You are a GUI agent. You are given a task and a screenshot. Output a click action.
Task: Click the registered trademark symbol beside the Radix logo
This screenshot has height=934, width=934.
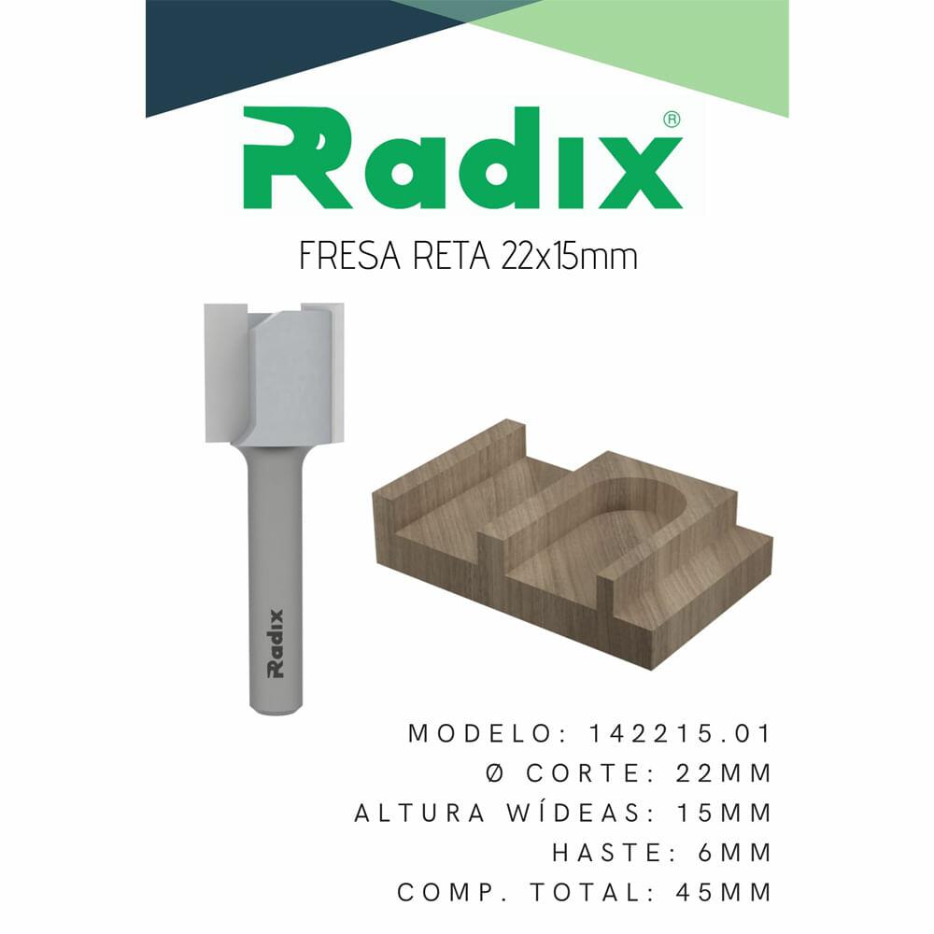point(672,120)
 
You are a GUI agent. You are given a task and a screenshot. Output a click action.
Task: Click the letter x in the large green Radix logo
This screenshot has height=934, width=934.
point(642,174)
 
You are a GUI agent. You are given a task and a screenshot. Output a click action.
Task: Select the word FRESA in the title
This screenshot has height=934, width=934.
point(349,257)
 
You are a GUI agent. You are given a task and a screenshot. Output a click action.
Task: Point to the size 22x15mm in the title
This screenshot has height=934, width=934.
point(570,257)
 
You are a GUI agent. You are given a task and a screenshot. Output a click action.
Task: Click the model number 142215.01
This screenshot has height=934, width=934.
point(680,734)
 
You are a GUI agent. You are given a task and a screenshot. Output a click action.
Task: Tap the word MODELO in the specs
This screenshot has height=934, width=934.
point(481,734)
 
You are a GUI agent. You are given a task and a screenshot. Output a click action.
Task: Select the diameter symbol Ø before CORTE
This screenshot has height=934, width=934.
point(495,773)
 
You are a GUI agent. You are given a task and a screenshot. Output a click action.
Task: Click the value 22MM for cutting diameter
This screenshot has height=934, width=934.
point(724,773)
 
